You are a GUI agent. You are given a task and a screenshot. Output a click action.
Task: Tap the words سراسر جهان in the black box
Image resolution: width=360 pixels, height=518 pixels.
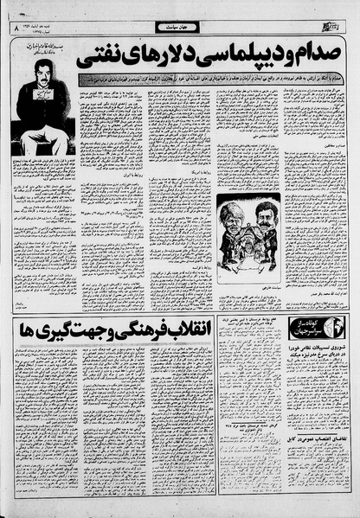pos(303,333)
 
